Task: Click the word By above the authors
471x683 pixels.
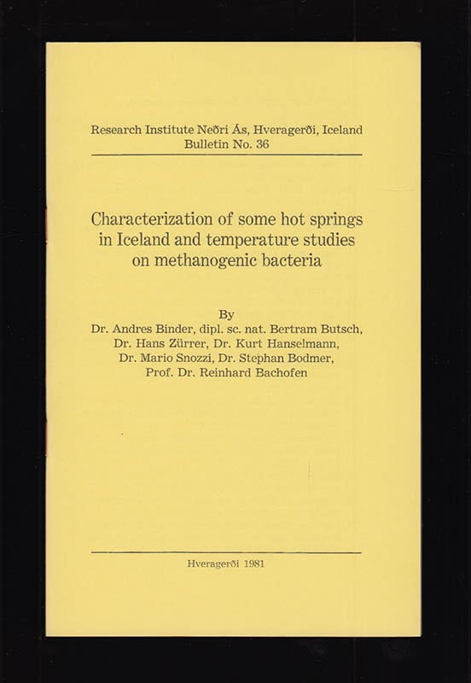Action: (x=226, y=311)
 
